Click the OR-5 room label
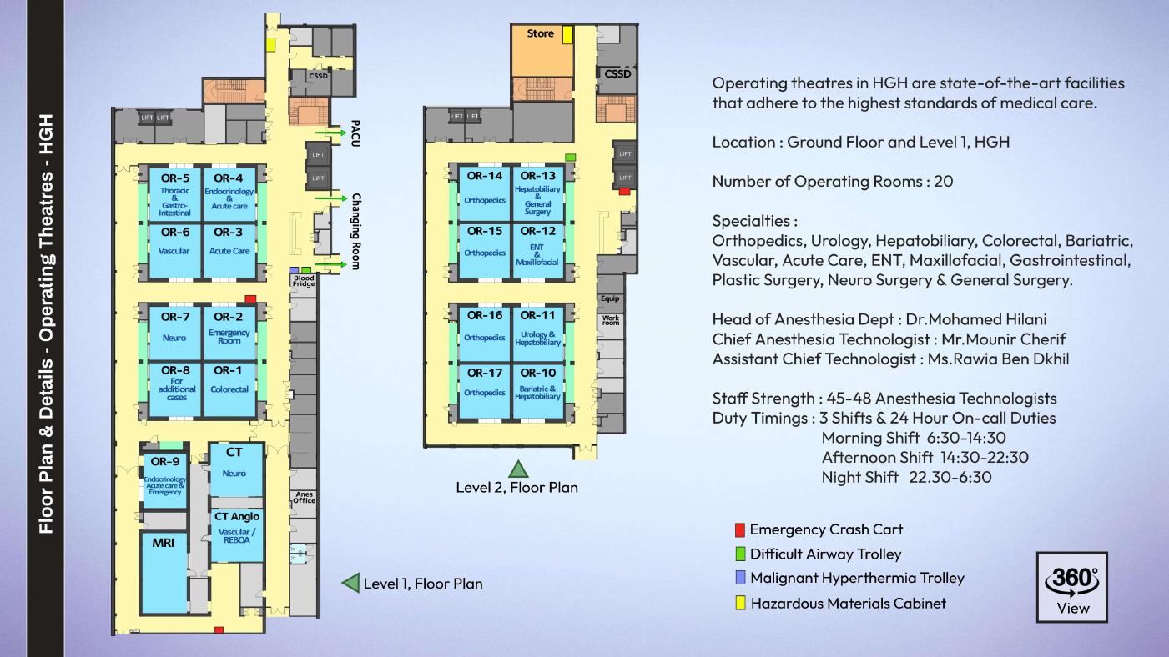point(175,178)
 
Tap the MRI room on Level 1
point(164,573)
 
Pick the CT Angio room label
point(237,517)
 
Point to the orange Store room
point(541,49)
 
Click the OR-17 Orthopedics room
point(485,391)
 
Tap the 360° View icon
point(1072,587)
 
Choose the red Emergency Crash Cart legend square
point(739,529)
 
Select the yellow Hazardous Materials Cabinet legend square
point(739,603)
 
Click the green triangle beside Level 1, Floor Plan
point(351,583)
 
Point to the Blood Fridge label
point(304,281)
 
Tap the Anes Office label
point(304,498)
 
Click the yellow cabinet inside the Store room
point(567,34)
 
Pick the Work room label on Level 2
point(611,320)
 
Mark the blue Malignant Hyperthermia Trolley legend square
point(739,578)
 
